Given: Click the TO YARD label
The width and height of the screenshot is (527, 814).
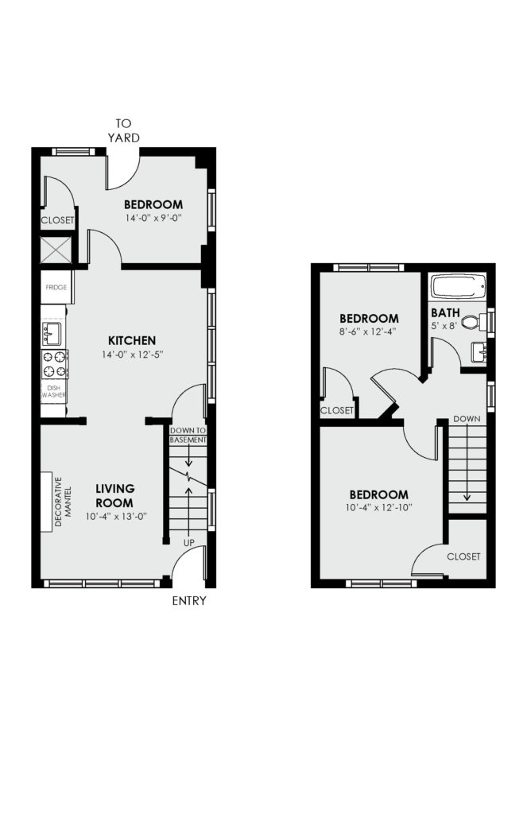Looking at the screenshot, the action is (123, 130).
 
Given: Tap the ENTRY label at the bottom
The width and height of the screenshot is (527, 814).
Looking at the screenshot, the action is (189, 601).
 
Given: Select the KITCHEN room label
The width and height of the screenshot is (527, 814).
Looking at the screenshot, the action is (132, 340).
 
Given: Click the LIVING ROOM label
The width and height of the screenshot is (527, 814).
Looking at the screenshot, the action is (114, 496).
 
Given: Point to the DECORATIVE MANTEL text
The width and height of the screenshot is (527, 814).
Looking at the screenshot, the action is (63, 502).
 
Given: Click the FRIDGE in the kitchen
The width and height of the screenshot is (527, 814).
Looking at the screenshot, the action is (56, 287).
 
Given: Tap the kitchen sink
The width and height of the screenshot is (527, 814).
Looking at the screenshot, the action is (52, 333).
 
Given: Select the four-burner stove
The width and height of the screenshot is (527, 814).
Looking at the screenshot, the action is (55, 364).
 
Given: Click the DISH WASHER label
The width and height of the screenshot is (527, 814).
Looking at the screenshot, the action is (54, 391).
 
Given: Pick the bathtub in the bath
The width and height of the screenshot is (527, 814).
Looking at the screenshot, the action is (458, 286).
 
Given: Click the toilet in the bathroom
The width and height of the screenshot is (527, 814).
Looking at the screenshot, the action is (474, 322).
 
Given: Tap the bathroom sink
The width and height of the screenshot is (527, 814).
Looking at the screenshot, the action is (479, 352).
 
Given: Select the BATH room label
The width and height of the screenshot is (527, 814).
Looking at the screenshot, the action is (445, 313).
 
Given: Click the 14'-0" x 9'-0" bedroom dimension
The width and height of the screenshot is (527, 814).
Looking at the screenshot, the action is (153, 218).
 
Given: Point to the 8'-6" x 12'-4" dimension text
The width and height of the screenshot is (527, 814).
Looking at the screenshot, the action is (368, 331).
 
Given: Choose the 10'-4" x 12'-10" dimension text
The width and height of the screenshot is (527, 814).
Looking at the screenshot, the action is (378, 507).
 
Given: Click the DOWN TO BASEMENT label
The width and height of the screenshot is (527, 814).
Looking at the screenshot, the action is (188, 435).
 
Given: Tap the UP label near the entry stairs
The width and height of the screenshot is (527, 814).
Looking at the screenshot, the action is (189, 542).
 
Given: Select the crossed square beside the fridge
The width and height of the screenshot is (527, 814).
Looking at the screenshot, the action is (55, 250).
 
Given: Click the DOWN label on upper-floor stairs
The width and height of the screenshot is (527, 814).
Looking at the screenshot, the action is (467, 419).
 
